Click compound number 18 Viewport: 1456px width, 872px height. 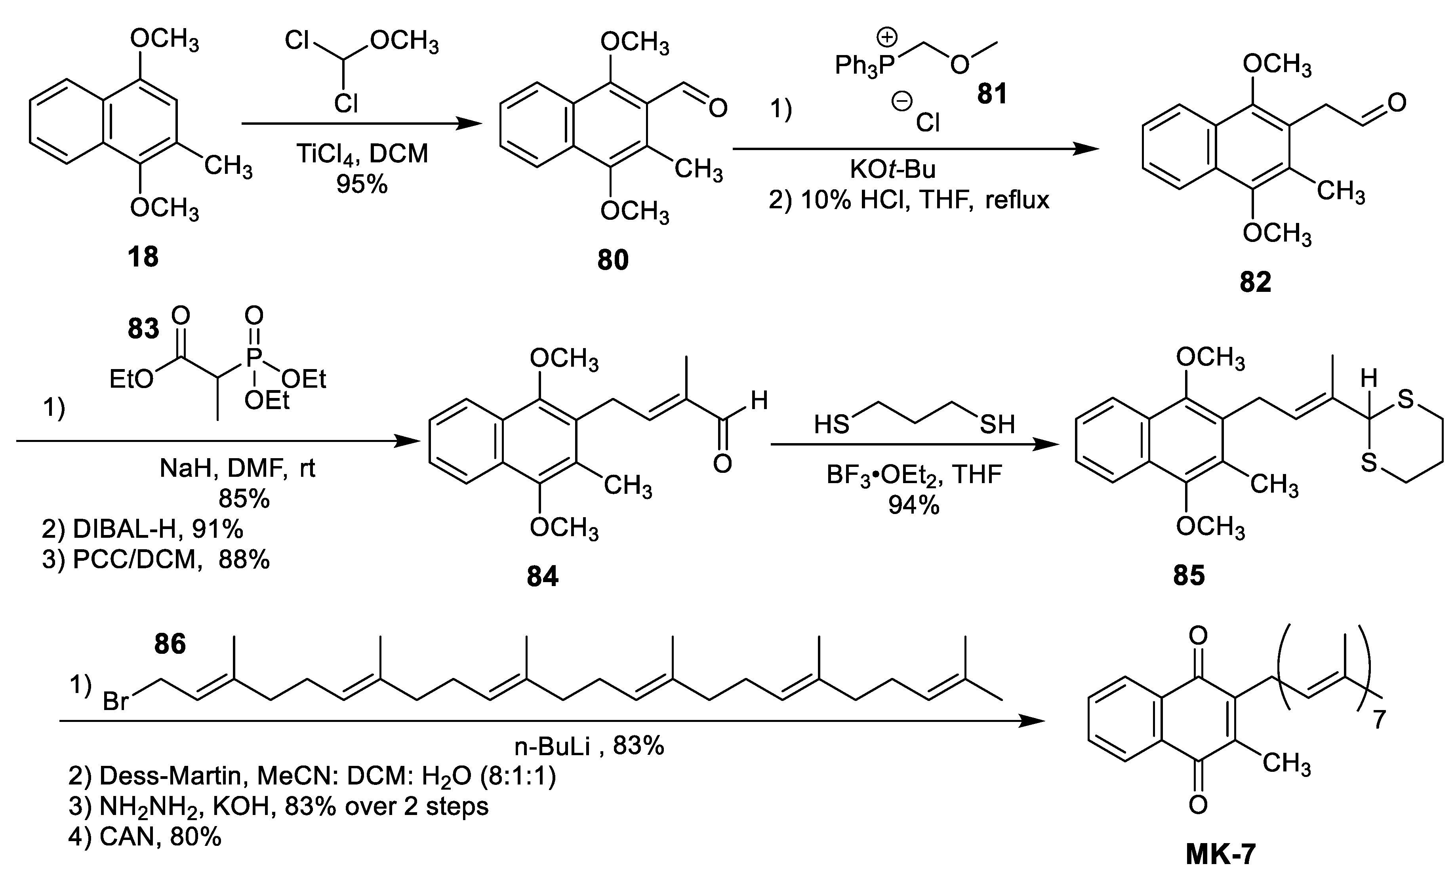143,257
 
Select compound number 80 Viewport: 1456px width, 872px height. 613,260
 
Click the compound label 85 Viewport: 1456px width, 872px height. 1189,576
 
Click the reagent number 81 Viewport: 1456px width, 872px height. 992,93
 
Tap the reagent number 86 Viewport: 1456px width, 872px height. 170,645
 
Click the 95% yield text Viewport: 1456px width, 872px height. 362,184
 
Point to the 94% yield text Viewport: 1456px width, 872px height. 914,505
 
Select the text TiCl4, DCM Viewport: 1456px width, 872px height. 362,154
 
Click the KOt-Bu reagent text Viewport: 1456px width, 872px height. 892,169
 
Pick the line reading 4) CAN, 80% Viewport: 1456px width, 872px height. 145,836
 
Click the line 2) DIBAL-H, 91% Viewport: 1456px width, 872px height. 142,529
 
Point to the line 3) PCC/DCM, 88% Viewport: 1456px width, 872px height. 156,560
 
